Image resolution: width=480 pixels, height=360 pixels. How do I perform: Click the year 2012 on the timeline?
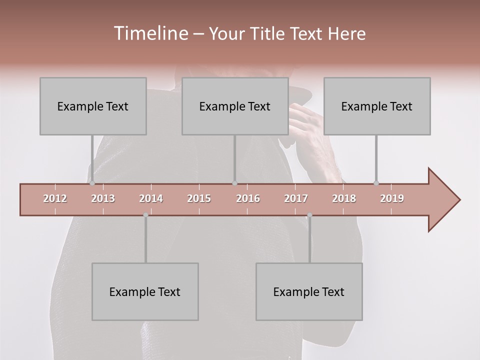click(55, 198)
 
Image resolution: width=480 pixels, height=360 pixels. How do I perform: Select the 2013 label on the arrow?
click(103, 198)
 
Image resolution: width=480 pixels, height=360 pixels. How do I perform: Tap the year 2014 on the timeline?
click(151, 198)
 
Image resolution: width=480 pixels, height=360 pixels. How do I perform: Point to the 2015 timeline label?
click(199, 198)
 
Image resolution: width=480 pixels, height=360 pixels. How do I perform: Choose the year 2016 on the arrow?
click(248, 198)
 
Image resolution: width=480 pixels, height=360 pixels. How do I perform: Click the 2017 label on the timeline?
click(296, 198)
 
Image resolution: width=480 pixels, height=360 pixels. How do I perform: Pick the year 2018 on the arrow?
click(344, 198)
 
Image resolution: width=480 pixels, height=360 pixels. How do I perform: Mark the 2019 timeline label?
click(392, 198)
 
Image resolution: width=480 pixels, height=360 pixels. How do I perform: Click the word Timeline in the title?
click(150, 33)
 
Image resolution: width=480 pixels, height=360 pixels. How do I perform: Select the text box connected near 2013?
click(93, 106)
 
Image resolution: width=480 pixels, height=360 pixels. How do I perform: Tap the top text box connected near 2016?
click(235, 106)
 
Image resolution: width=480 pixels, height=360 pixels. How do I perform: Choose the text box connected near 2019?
click(377, 106)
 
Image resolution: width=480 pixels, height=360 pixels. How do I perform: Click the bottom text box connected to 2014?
click(145, 291)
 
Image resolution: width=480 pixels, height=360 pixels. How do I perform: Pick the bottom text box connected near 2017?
click(309, 291)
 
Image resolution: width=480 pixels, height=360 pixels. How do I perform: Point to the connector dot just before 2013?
click(92, 183)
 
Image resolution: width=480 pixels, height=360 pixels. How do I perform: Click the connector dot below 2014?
click(145, 215)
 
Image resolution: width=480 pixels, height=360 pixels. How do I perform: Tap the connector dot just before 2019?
click(376, 183)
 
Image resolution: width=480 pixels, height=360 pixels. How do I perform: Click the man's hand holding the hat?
click(310, 125)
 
